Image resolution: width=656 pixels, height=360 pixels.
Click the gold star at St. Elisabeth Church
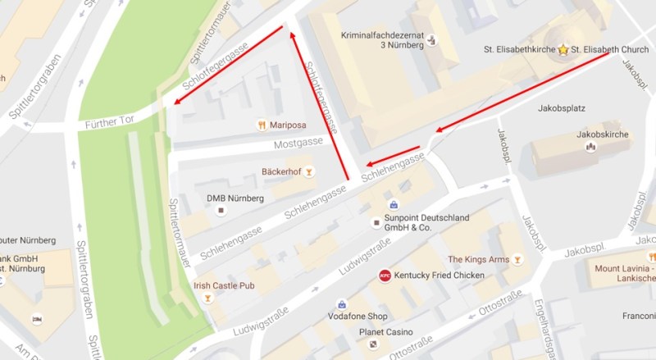563,49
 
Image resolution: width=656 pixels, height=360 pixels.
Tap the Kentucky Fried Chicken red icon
384,276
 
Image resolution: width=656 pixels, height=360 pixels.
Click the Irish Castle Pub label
225,285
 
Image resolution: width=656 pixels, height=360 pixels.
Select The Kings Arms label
478,260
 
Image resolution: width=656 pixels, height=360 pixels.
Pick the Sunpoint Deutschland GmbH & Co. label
431,222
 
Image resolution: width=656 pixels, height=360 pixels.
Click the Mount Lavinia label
625,268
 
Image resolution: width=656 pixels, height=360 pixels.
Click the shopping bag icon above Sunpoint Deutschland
394,204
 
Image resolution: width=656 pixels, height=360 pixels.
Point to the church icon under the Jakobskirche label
589,147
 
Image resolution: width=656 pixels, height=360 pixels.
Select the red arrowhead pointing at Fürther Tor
171,103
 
